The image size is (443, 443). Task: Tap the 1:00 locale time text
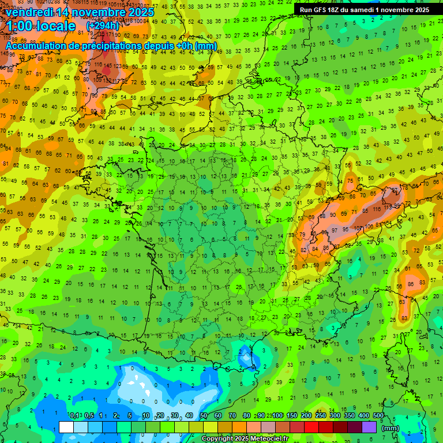tap(40, 27)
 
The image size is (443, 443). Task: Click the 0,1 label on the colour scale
tap(74, 416)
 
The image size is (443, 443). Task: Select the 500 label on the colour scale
tap(378, 416)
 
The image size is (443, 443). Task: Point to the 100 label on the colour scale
tap(277, 416)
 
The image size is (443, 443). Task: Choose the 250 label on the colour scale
tap(321, 416)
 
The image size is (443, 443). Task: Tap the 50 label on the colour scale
tap(204, 416)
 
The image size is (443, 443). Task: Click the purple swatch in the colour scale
tap(369, 427)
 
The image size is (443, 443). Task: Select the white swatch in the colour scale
tap(66, 427)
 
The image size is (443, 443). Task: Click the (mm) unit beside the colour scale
tap(391, 428)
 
